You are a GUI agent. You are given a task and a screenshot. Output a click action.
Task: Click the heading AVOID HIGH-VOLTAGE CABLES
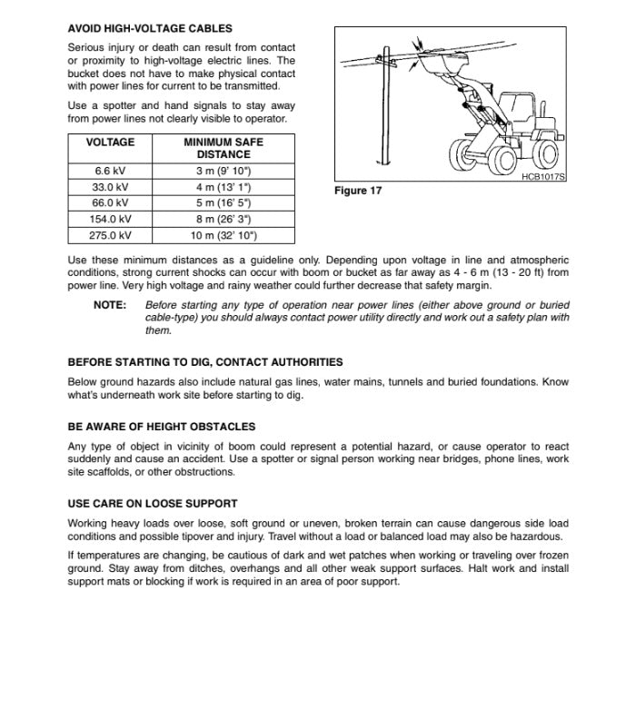(150, 29)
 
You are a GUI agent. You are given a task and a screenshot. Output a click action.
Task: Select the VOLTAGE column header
(110, 143)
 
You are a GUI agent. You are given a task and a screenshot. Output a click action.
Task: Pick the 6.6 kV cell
(110, 171)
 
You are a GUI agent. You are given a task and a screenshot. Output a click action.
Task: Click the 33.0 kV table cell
(110, 187)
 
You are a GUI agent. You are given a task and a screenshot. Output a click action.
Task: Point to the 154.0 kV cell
(110, 219)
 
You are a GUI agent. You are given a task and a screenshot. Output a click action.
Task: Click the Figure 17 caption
(358, 192)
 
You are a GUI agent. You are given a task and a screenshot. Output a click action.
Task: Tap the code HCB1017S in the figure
(542, 177)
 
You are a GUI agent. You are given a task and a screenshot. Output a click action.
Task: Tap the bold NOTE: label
(110, 306)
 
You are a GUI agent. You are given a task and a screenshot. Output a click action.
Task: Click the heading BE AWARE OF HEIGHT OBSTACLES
(162, 427)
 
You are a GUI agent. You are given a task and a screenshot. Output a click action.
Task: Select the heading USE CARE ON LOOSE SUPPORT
(153, 504)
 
